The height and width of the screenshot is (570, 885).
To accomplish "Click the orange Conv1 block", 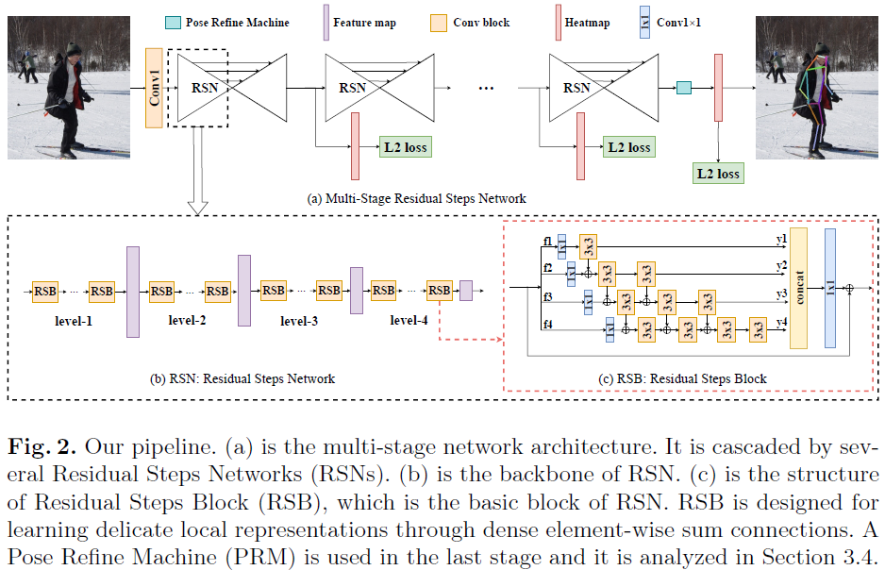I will (x=155, y=87).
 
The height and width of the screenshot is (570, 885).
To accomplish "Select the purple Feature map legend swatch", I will (x=326, y=21).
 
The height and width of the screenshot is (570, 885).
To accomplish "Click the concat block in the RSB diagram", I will (x=800, y=287).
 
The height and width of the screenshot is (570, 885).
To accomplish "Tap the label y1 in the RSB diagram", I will (x=781, y=239).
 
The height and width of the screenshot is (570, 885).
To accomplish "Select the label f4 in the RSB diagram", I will (x=548, y=325).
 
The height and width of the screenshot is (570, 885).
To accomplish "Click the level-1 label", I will (x=73, y=321).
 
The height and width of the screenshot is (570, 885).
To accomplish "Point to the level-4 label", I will (x=409, y=321).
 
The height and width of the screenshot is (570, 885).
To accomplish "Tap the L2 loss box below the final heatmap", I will (x=718, y=173).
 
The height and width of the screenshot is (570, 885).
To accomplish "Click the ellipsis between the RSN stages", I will (x=487, y=88).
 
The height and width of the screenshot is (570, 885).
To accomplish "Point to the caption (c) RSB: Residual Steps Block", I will (x=683, y=378).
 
